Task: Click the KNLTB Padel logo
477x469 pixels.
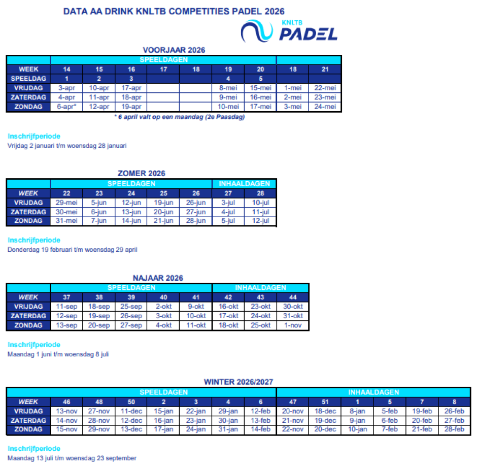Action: coord(289,30)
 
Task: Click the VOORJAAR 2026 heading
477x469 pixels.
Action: coord(174,50)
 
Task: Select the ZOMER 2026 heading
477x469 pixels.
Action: coord(142,174)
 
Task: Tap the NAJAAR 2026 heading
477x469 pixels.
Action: coord(158,278)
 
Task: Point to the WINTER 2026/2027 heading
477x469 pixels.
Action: coord(239,382)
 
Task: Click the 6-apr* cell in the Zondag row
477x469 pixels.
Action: coord(66,107)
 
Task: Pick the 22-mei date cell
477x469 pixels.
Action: coord(325,88)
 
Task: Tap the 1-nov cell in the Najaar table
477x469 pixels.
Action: coord(293,325)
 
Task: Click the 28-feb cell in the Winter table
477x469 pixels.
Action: coord(454,429)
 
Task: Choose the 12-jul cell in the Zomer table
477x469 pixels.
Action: coord(260,221)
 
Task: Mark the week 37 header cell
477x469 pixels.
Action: coord(66,297)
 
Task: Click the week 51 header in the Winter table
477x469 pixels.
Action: coord(325,402)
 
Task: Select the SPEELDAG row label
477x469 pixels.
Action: coord(28,78)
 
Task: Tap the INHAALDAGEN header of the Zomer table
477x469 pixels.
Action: coord(244,184)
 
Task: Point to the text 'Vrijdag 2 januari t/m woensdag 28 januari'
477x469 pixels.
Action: coord(67,146)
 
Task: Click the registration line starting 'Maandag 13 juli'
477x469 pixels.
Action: coord(72,458)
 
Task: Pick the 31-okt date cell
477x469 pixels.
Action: coord(293,316)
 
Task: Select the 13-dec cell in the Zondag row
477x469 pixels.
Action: coord(131,429)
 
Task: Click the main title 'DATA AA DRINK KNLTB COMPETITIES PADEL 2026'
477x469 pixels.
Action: coord(174,11)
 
